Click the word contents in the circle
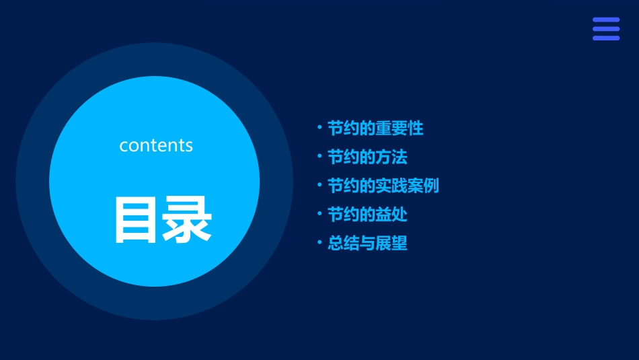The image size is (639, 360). click(x=156, y=145)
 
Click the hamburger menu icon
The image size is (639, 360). click(x=606, y=29)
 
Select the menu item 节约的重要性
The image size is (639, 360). click(x=375, y=128)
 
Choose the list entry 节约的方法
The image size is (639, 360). click(x=367, y=157)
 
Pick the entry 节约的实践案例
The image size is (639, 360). click(x=383, y=186)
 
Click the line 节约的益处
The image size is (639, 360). click(x=367, y=215)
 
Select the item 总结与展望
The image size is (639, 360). click(x=367, y=243)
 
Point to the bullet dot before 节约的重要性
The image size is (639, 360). click(x=319, y=127)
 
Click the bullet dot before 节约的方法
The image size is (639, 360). click(x=319, y=156)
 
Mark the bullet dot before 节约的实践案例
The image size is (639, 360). click(x=319, y=185)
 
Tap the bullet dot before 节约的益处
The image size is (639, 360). click(x=319, y=214)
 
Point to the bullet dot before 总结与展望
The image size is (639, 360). click(x=319, y=242)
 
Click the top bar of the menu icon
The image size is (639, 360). click(x=606, y=20)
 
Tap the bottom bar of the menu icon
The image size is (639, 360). click(x=606, y=38)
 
